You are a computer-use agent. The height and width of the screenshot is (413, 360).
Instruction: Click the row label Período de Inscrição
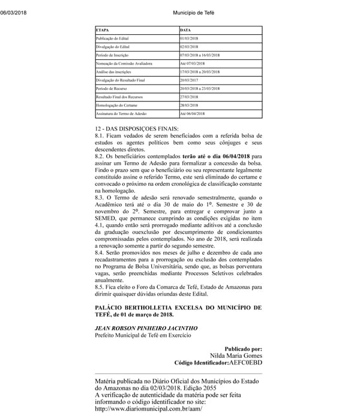[112, 55]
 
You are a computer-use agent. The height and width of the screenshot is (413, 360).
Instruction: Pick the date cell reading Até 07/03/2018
[193, 63]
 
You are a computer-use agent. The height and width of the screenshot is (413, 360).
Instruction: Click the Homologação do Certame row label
[113, 105]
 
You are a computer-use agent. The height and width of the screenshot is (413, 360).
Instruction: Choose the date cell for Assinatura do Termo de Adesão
[193, 113]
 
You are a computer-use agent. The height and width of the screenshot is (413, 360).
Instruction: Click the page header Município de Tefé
[193, 13]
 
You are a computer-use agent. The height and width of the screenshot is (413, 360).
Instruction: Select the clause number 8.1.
[100, 137]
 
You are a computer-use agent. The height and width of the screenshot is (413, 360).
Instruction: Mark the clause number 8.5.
[100, 287]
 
